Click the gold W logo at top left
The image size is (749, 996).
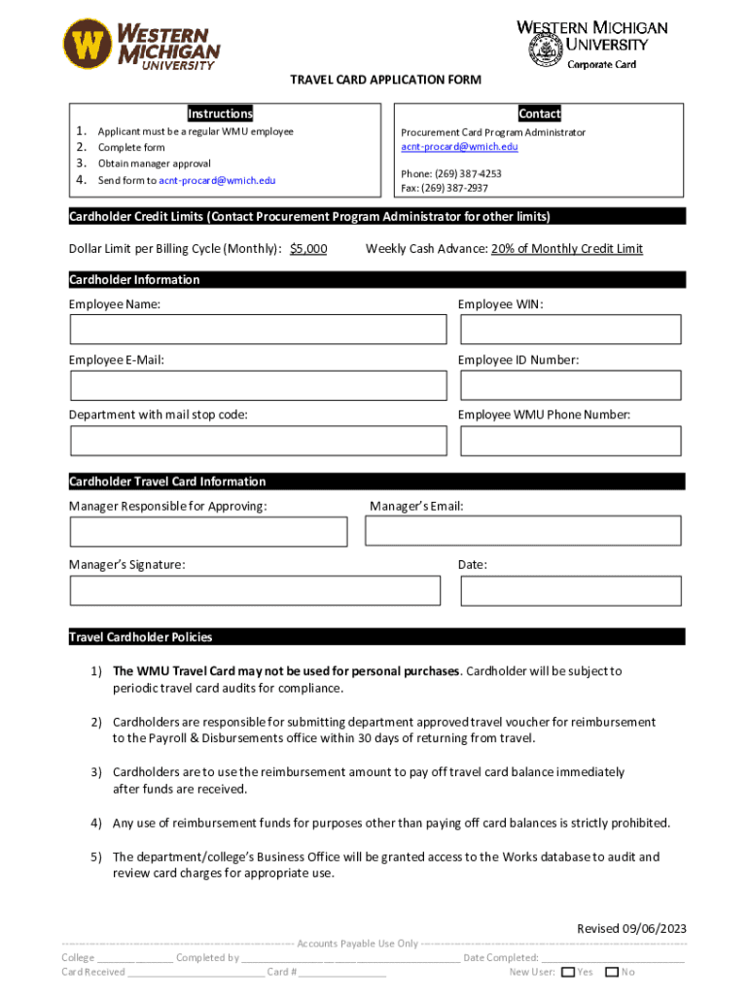[x=89, y=45]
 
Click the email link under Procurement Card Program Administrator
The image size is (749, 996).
[x=459, y=147]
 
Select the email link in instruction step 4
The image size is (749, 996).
[x=217, y=180]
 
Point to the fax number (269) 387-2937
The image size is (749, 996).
[x=445, y=188]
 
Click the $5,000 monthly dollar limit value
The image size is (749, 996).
[x=308, y=249]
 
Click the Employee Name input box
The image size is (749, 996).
[x=258, y=330]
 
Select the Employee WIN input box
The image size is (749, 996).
[x=570, y=330]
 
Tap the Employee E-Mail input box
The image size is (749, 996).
[x=258, y=385]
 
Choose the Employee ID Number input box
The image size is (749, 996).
[x=570, y=385]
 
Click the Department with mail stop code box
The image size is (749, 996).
[x=258, y=441]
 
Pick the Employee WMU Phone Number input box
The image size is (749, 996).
[x=570, y=441]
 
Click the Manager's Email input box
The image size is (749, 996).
[x=522, y=530]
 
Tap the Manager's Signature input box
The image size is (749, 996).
[x=255, y=590]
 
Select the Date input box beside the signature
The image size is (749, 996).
[x=570, y=590]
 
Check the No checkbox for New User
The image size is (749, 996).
[x=612, y=972]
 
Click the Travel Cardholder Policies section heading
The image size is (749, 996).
[x=141, y=637]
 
